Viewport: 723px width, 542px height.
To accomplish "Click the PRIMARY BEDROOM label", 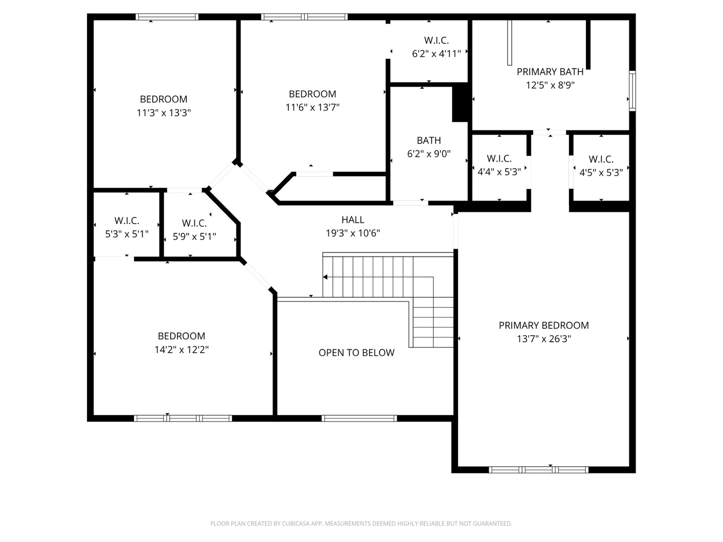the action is (x=543, y=325).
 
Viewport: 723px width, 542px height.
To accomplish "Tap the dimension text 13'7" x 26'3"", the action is (x=543, y=339).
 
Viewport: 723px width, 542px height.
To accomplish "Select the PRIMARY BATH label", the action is (x=550, y=71).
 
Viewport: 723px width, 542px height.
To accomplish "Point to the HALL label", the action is (x=352, y=219).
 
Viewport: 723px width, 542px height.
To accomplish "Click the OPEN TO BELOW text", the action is (x=356, y=352).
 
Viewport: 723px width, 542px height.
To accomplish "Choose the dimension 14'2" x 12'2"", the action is (x=181, y=349).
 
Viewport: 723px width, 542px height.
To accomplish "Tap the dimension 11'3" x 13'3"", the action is (x=164, y=113).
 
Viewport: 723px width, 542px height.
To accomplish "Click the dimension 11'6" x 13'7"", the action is (x=312, y=107).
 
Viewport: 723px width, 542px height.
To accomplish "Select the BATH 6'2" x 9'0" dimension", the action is (x=429, y=154).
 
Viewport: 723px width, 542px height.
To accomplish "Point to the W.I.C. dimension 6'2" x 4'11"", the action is (x=436, y=54).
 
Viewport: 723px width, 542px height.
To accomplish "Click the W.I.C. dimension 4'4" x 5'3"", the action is (x=499, y=172).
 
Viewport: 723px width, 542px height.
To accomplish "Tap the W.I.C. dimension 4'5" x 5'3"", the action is (x=601, y=173).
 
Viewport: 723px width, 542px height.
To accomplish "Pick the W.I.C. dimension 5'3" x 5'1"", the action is (x=127, y=234).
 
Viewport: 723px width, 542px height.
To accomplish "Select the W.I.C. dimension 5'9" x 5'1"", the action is (x=194, y=236).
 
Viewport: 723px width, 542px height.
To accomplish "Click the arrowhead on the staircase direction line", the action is (x=325, y=277).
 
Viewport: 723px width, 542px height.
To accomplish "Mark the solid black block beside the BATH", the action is (x=460, y=102).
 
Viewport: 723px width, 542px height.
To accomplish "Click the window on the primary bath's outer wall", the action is (x=632, y=90).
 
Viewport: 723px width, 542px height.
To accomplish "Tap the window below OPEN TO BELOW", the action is (x=359, y=418).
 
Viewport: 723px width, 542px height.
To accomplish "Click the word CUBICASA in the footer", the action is (x=296, y=523).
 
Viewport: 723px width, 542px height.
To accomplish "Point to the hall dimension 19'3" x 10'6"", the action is (x=353, y=233).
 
